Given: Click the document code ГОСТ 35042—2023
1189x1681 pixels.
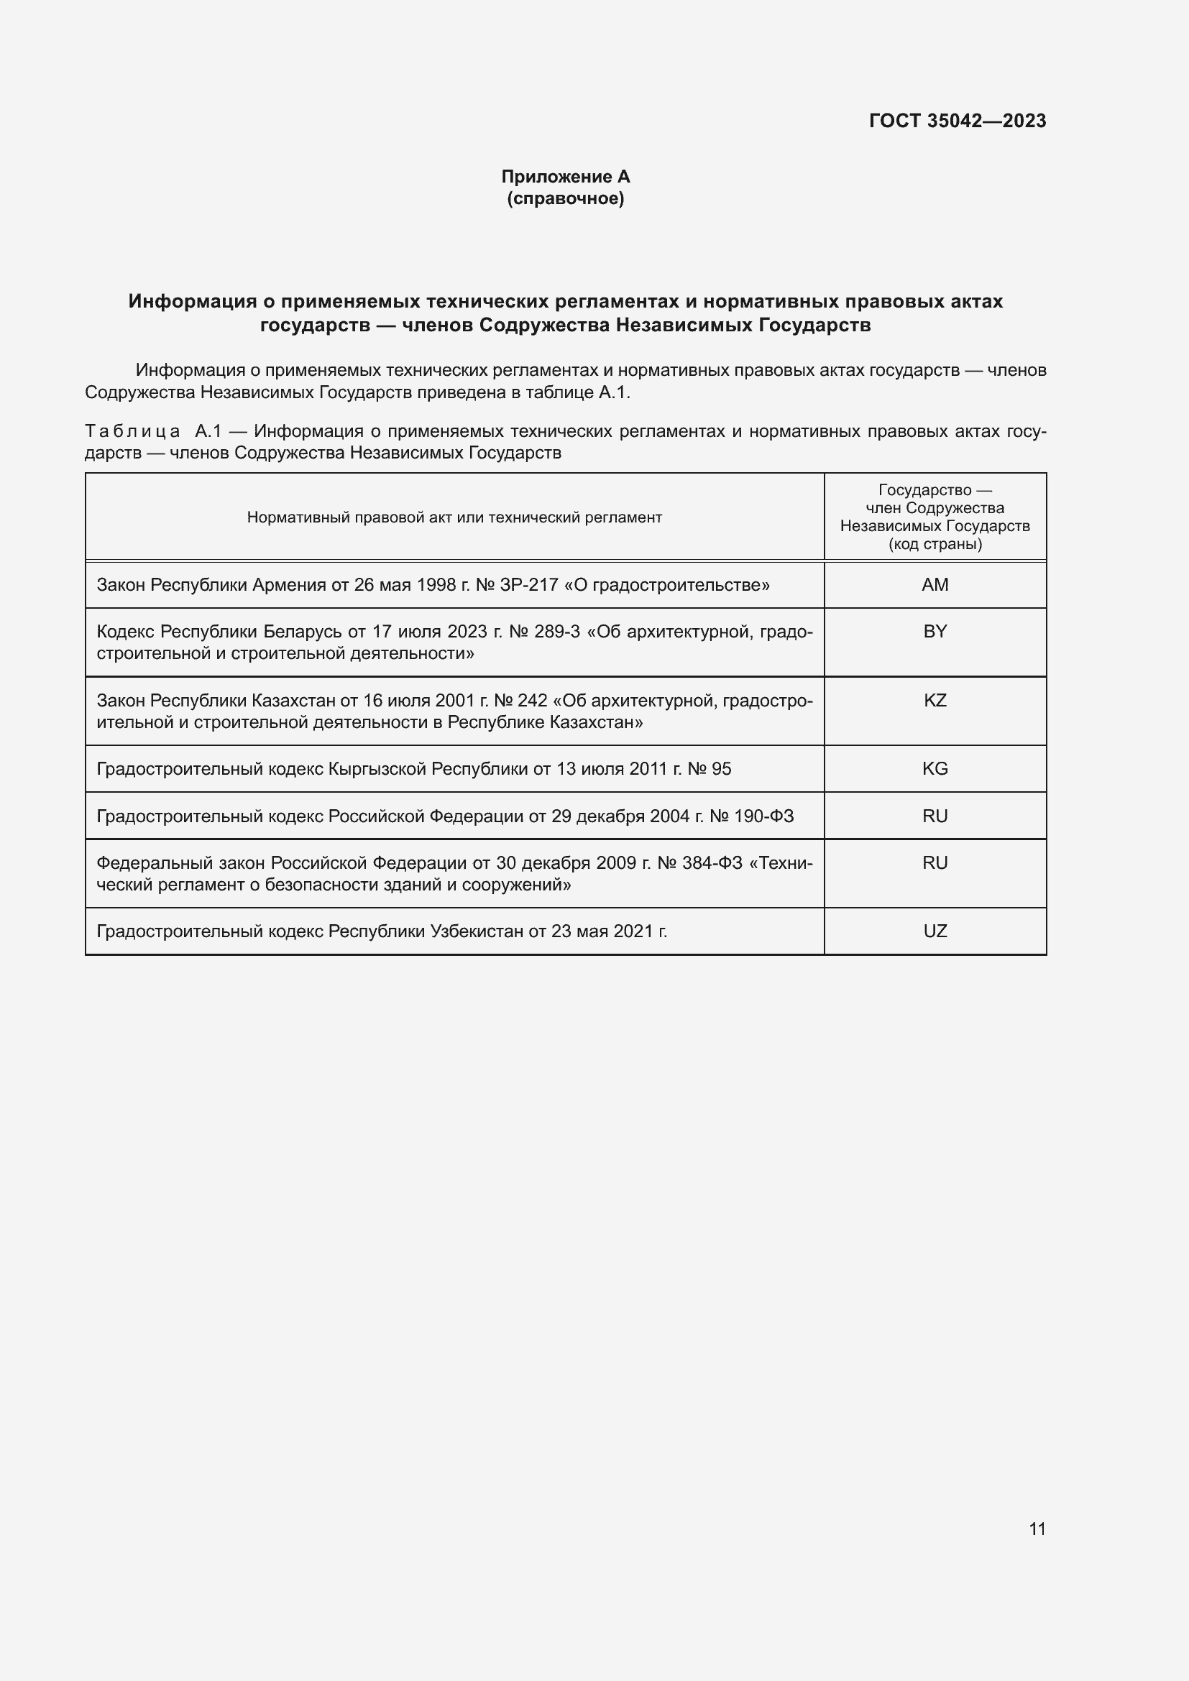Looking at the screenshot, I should (x=957, y=121).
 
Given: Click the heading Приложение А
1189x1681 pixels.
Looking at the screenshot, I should (x=565, y=177).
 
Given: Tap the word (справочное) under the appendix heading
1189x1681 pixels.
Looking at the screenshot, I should (x=565, y=198).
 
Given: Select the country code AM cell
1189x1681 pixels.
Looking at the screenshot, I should (x=935, y=585).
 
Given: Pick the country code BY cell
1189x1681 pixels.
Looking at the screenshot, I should (x=935, y=631).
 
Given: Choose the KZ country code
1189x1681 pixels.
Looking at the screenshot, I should (x=935, y=701).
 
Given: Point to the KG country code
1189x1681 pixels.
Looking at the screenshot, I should (x=935, y=769).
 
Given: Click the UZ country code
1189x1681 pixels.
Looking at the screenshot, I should (x=935, y=931).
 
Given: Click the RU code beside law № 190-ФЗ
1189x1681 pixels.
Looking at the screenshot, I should (x=935, y=816).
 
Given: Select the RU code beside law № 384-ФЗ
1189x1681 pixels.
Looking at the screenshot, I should (x=935, y=863).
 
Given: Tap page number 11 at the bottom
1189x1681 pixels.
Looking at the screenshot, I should (x=1037, y=1529).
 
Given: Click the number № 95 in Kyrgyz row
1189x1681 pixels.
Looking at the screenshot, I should (x=710, y=769).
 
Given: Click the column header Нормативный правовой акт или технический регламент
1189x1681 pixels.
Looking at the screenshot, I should (x=454, y=517).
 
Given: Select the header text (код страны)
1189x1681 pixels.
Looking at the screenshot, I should (x=935, y=544).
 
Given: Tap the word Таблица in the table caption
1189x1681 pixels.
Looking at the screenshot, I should (x=132, y=431).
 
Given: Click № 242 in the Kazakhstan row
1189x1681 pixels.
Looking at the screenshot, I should (x=520, y=701).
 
